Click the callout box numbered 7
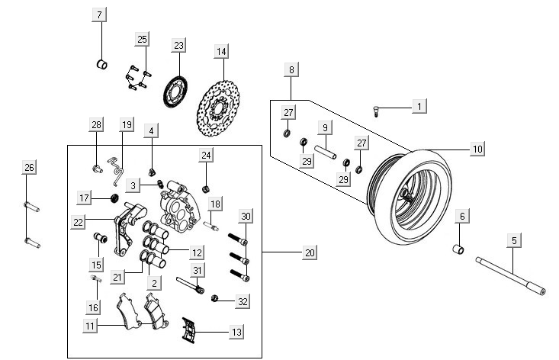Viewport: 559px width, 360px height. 101,14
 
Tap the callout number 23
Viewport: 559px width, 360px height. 178,47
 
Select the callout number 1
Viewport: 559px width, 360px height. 419,105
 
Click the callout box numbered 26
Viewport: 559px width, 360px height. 29,168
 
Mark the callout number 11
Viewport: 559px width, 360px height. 91,326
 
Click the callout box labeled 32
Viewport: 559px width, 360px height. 243,302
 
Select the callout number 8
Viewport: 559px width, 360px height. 291,69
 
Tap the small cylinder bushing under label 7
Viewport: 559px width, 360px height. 100,63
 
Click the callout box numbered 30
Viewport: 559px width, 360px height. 245,217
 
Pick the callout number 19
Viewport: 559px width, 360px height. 127,124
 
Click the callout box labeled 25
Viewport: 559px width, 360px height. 143,40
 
